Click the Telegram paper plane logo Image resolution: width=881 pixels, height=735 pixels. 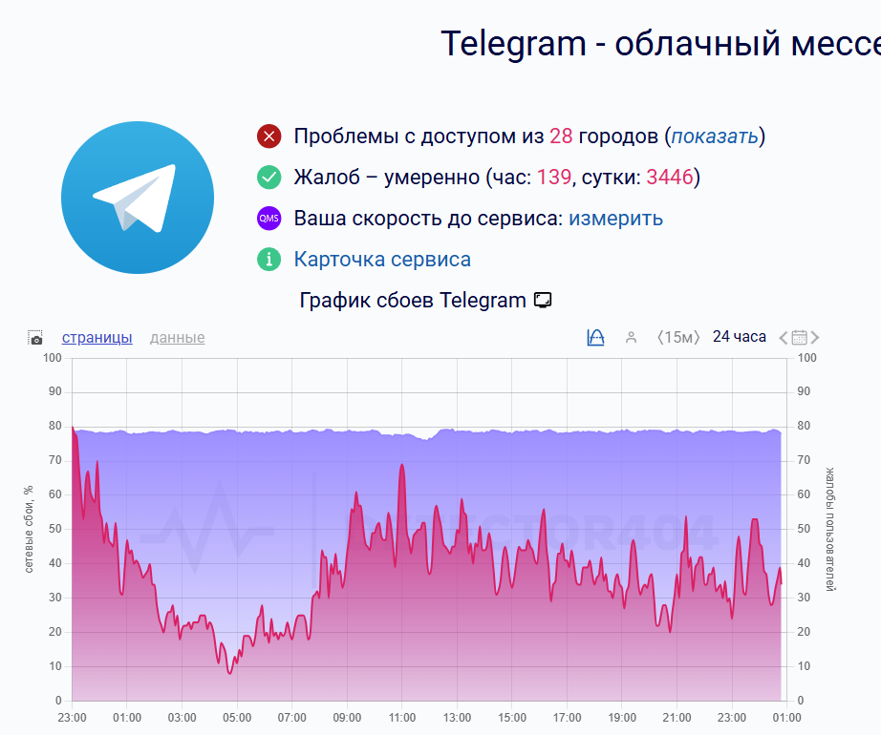pyautogui.click(x=138, y=198)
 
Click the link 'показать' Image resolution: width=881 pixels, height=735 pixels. pyautogui.click(x=715, y=136)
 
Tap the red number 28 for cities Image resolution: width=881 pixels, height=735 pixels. pyautogui.click(x=561, y=136)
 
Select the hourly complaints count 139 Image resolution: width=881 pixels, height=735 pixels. pyautogui.click(x=554, y=178)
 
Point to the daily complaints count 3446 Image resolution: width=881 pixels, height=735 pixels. pyautogui.click(x=670, y=178)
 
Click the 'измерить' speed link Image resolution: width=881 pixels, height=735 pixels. pyautogui.click(x=615, y=219)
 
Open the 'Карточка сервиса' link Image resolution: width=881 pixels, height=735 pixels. pyautogui.click(x=382, y=260)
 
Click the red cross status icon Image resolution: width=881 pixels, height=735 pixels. pyautogui.click(x=269, y=136)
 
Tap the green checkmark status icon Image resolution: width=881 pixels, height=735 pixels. pyautogui.click(x=269, y=178)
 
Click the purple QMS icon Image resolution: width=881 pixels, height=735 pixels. pyautogui.click(x=269, y=219)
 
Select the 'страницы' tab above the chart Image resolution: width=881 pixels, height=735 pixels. pyautogui.click(x=97, y=338)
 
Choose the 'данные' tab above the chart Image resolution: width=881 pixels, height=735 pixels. pyautogui.click(x=177, y=338)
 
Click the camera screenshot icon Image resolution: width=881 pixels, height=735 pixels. pyautogui.click(x=35, y=338)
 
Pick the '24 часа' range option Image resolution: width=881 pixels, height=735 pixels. pyautogui.click(x=740, y=337)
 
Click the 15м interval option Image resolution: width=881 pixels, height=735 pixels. pyautogui.click(x=678, y=337)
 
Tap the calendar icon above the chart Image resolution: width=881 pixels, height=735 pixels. pyautogui.click(x=800, y=337)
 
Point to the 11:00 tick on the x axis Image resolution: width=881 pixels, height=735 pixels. pyautogui.click(x=401, y=718)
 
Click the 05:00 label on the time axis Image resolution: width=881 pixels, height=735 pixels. pyautogui.click(x=237, y=718)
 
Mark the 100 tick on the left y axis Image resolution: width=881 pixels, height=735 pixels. pyautogui.click(x=53, y=358)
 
